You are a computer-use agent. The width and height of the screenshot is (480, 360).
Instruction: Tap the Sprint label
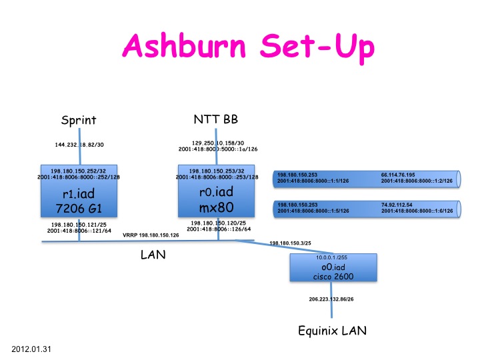[x=79, y=121]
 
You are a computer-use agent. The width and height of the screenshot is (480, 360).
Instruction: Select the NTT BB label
[x=215, y=120]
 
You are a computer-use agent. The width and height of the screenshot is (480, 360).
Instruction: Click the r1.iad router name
[x=79, y=195]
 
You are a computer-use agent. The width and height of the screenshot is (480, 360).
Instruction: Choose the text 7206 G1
[x=79, y=209]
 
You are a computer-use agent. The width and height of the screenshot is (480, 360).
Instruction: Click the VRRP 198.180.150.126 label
[x=151, y=235]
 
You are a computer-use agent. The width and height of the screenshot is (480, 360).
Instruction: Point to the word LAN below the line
[x=153, y=255]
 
